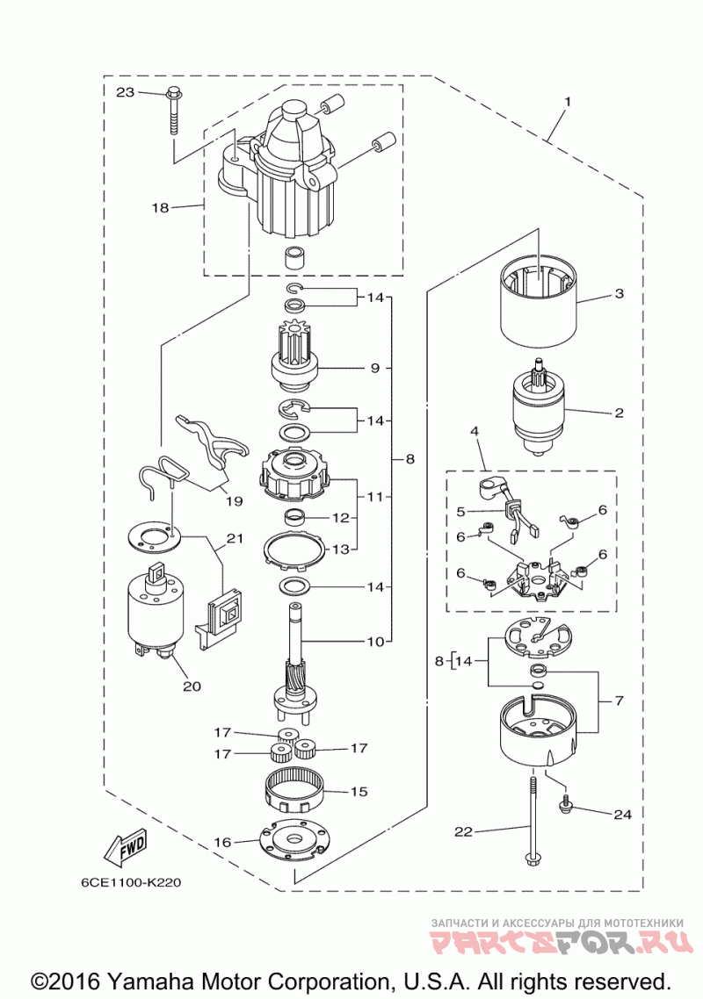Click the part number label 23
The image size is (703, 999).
[125, 91]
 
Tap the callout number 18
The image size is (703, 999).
[159, 208]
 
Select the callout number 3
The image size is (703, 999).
[619, 294]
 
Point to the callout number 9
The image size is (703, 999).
[374, 368]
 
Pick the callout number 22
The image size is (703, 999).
[463, 830]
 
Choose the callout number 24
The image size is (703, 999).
[622, 815]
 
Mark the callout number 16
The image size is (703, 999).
[222, 842]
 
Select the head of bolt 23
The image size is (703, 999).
[172, 92]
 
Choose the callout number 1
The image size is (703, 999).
[567, 102]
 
